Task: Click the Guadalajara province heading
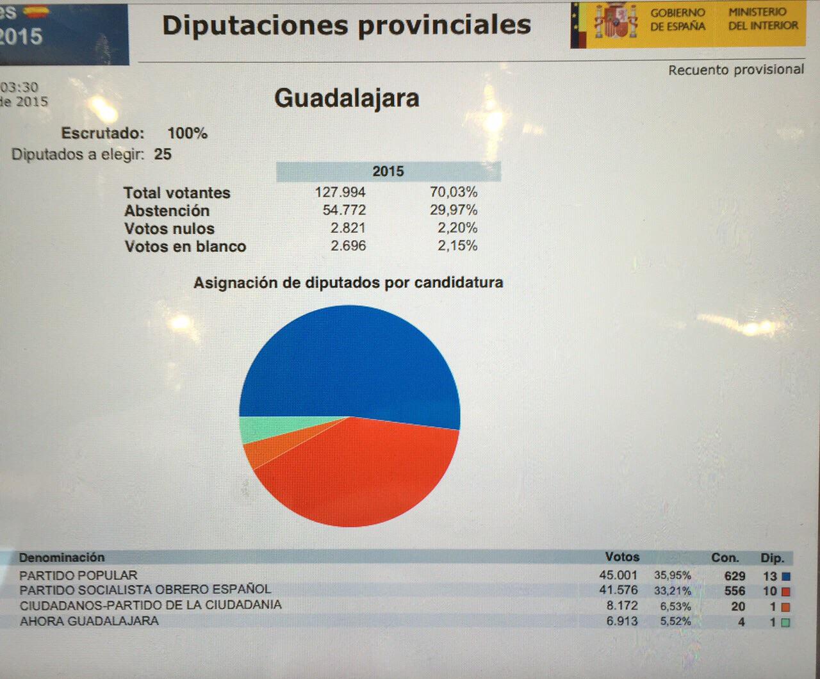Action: click(x=347, y=99)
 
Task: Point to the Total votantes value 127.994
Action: click(x=340, y=192)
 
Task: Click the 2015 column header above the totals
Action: click(x=388, y=172)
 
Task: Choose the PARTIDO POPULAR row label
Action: click(x=78, y=575)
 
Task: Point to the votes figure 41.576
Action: click(x=618, y=590)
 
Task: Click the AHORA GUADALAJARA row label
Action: click(x=89, y=621)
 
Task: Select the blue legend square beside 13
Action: click(x=786, y=577)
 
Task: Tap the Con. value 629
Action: click(x=734, y=576)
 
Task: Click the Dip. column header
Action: click(x=772, y=558)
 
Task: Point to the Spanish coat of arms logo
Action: click(x=615, y=24)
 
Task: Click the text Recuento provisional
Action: click(x=735, y=70)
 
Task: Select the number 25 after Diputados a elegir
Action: click(x=163, y=154)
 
